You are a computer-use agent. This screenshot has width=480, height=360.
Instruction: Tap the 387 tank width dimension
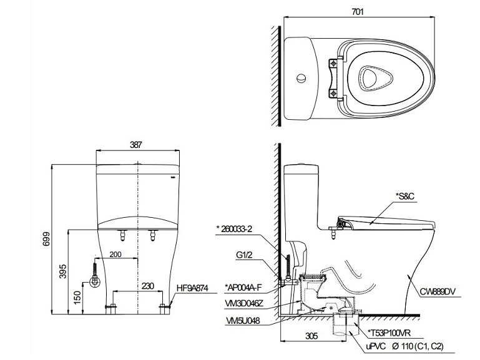coord(137,144)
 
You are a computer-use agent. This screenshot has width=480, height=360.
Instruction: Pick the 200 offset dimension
coord(115,255)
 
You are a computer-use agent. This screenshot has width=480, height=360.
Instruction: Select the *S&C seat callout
coord(404,196)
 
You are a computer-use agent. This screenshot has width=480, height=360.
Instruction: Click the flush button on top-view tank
coord(301,79)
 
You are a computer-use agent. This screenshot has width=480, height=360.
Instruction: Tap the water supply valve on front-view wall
coord(95,281)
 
